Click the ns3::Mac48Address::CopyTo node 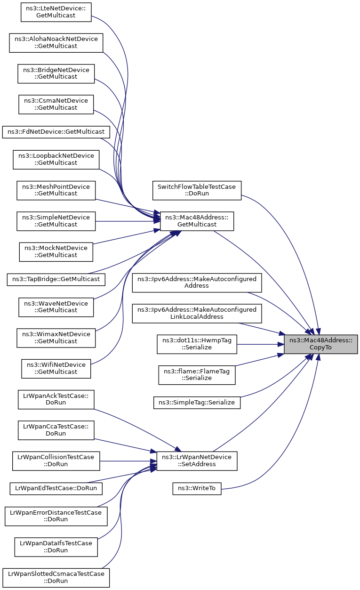(320, 344)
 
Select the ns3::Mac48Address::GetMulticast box (197, 221)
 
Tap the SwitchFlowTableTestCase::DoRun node (197, 190)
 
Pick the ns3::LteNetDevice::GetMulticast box (56, 12)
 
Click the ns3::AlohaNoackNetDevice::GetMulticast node (56, 43)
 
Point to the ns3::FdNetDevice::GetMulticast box (56, 132)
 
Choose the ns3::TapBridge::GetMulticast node (56, 279)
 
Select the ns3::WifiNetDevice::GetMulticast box (56, 369)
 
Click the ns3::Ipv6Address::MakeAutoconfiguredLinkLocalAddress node (197, 313)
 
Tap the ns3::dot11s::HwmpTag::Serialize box (197, 344)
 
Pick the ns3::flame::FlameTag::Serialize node (197, 375)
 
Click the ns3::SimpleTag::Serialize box (197, 403)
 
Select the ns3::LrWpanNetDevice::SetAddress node (197, 461)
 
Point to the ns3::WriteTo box (197, 489)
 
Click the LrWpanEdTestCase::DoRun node (56, 489)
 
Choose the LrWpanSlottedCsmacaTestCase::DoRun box (56, 578)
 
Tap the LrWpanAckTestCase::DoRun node (56, 399)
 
